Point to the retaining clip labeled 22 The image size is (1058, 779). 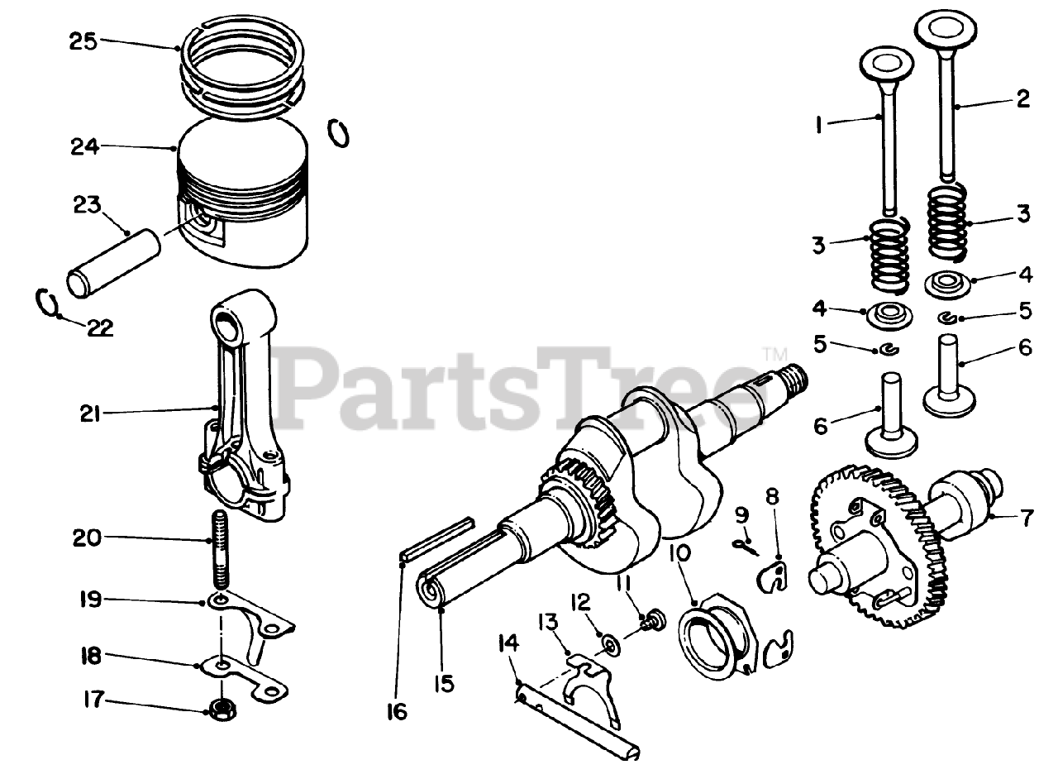click(49, 303)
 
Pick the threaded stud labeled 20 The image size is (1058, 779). click(219, 550)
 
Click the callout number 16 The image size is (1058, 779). click(397, 710)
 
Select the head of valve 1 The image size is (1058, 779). click(885, 62)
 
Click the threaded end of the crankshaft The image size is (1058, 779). click(794, 380)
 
